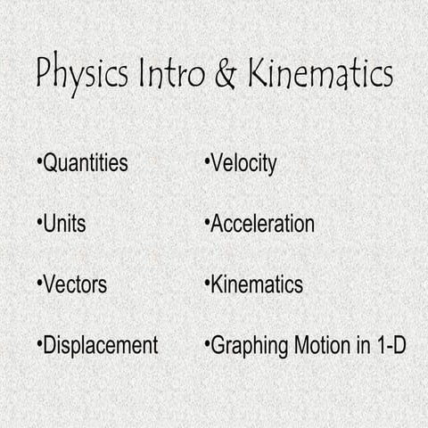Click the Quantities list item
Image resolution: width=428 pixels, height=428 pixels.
pos(86,164)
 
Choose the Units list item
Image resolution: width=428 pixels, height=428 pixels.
pos(65,224)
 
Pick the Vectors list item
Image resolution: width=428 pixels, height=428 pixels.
pos(75,284)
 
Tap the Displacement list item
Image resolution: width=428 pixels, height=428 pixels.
pos(101,345)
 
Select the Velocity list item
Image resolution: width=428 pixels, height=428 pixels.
pos(243,164)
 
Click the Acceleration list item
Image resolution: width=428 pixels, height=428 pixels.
pos(262,224)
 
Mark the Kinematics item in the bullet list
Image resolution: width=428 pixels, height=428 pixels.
pos(257,284)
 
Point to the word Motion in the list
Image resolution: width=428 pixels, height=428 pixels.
pos(316,345)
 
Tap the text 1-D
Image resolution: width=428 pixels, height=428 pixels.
pos(388,345)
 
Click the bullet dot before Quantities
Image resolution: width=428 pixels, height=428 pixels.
pos(40,163)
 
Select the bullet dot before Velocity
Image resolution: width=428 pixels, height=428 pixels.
pos(207,163)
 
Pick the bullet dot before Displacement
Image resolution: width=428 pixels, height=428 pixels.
pos(40,344)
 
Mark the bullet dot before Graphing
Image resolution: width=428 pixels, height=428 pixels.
pos(207,344)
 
